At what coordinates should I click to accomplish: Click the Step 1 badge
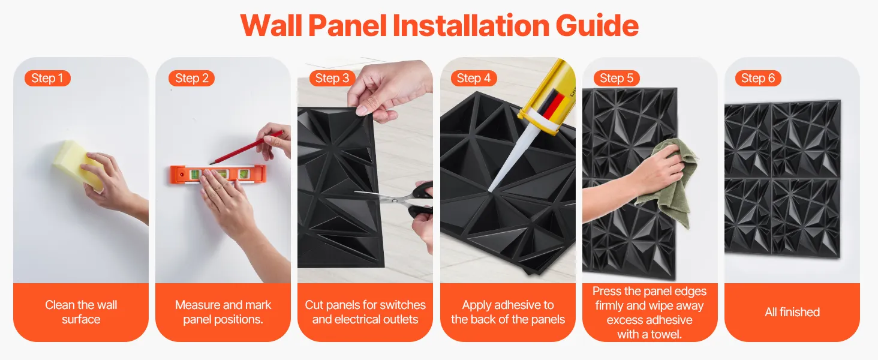point(47,78)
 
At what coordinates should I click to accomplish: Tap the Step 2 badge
point(192,78)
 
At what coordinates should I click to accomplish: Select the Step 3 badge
point(332,78)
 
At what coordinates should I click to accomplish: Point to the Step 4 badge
point(474,78)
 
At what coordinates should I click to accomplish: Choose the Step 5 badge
point(617,78)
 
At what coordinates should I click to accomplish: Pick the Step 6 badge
point(758,78)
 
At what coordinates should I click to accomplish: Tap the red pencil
point(246,148)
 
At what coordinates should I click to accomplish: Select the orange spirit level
point(218,175)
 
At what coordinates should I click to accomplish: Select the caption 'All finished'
point(792,312)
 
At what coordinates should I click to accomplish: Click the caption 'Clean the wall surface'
point(81,312)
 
